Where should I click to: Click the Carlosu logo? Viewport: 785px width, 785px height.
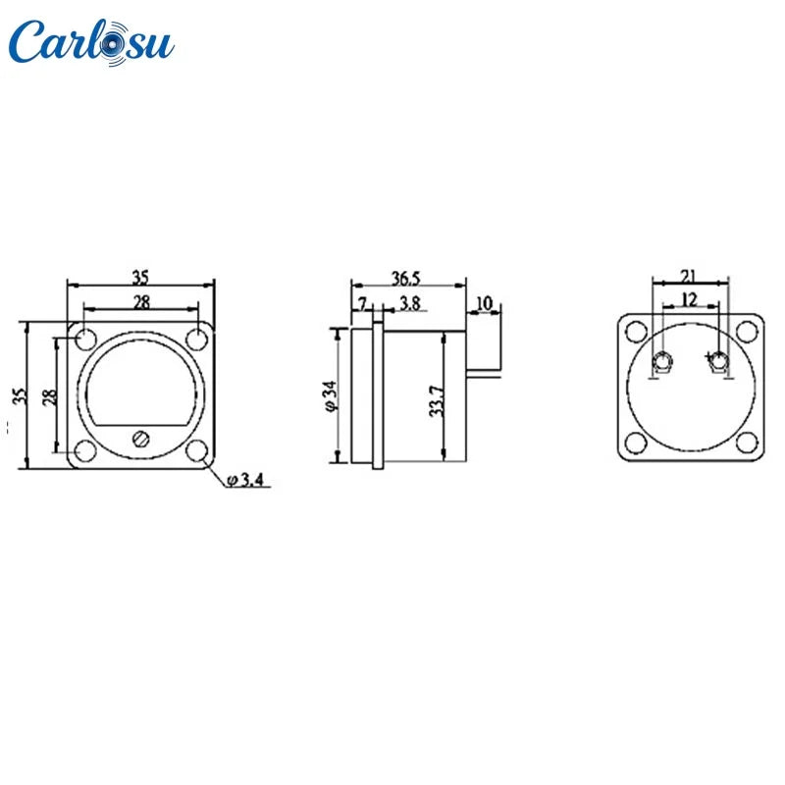(91, 42)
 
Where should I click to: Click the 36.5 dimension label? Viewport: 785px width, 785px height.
(405, 279)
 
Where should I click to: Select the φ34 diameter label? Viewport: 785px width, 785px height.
(332, 395)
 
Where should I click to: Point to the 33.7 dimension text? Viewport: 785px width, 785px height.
(437, 401)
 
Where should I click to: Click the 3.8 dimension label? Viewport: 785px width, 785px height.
(410, 303)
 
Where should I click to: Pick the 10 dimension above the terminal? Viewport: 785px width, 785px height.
(484, 303)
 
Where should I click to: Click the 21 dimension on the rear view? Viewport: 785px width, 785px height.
(690, 276)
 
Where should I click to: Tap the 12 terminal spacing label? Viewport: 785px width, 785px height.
(690, 300)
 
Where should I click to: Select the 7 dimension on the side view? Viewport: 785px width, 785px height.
(362, 303)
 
